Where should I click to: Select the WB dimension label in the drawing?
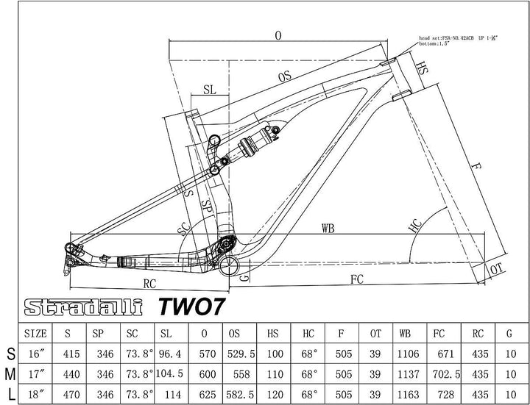[328, 228]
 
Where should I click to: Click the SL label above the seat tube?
[210, 89]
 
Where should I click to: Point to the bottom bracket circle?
[230, 264]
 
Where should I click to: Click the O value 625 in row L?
[204, 395]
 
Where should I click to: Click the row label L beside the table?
[10, 395]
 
